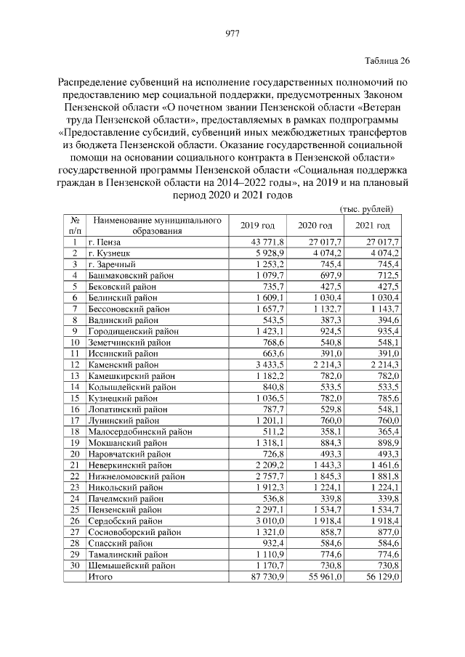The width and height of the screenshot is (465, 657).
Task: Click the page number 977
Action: (232, 33)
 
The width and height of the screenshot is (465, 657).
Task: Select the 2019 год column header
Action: (257, 226)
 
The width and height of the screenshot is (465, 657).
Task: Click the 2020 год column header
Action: (315, 226)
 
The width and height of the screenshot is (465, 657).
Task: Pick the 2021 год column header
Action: (373, 226)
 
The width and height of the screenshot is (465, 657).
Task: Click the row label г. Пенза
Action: (105, 241)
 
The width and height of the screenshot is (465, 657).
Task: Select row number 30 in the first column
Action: (74, 565)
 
